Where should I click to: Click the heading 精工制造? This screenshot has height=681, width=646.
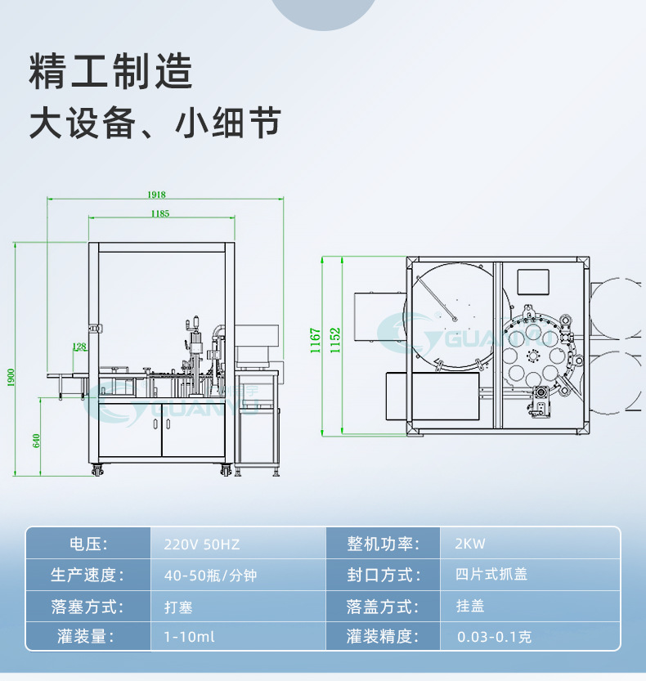click(x=111, y=72)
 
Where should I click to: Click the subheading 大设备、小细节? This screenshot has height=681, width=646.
click(x=155, y=123)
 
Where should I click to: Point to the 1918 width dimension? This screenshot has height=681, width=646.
click(x=156, y=195)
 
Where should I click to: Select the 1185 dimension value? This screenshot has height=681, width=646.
click(x=160, y=214)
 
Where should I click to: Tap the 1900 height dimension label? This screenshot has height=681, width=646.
click(x=11, y=377)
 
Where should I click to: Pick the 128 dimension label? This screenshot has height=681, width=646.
click(x=79, y=347)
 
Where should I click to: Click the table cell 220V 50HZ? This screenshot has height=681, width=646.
click(x=202, y=544)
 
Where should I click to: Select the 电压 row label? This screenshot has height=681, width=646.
click(x=87, y=544)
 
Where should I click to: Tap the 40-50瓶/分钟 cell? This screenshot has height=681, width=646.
click(x=210, y=575)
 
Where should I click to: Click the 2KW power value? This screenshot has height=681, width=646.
click(x=470, y=544)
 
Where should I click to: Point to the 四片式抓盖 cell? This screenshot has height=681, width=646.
click(x=491, y=574)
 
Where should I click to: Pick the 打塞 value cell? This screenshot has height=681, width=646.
click(x=178, y=607)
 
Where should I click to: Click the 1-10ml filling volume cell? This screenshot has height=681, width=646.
click(x=189, y=636)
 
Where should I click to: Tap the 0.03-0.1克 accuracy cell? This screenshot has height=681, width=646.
click(x=494, y=636)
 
